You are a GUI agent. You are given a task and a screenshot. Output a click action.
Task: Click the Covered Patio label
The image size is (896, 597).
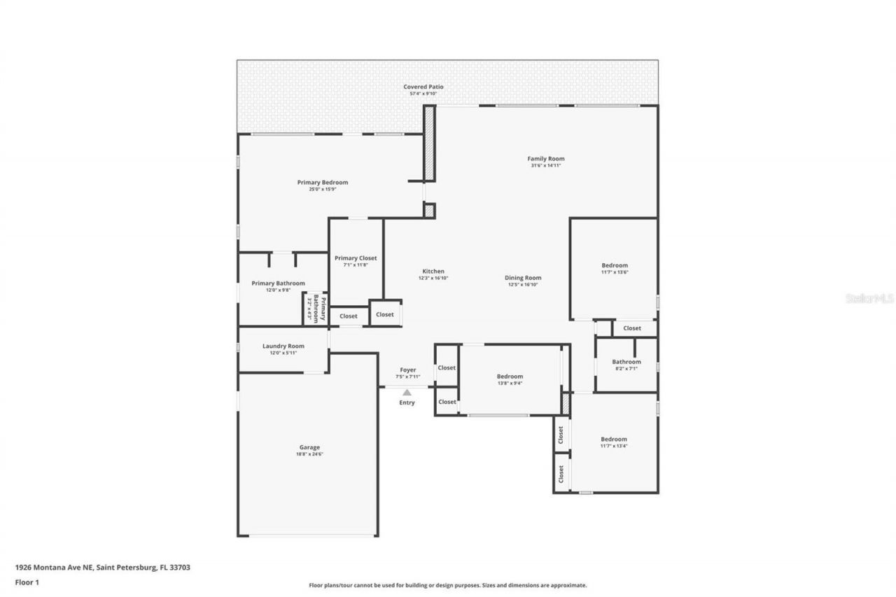click(x=423, y=87)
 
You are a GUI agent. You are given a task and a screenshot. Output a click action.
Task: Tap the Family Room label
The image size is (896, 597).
click(x=545, y=159)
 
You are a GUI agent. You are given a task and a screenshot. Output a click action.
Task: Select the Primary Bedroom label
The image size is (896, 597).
click(x=322, y=183)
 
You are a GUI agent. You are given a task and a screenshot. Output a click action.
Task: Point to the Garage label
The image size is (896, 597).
click(x=309, y=448)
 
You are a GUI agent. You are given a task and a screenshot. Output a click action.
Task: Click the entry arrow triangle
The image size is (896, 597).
click(x=407, y=393)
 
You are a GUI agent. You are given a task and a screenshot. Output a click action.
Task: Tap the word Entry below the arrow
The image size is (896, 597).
click(x=407, y=403)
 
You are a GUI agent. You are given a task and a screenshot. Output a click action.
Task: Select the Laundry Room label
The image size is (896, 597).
click(x=283, y=346)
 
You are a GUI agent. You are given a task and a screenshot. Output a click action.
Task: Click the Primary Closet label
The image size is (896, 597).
click(x=356, y=258)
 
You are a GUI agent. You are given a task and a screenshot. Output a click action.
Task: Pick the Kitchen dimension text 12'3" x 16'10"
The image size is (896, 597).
click(x=433, y=278)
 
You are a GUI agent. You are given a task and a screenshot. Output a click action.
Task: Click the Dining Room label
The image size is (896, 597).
click(x=523, y=278)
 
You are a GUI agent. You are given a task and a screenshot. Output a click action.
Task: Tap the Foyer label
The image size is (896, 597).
click(x=407, y=370)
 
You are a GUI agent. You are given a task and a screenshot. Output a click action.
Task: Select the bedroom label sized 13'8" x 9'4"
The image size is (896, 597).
click(x=510, y=377)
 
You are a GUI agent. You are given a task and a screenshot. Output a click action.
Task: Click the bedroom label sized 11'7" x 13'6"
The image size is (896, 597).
click(x=615, y=266)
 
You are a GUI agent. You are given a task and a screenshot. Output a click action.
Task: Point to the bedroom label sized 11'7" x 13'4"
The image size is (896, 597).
click(x=614, y=440)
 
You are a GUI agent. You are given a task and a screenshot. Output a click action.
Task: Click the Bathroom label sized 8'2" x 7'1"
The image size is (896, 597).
click(x=626, y=363)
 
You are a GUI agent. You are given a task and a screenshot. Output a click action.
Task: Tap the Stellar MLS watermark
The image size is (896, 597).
click(x=869, y=298)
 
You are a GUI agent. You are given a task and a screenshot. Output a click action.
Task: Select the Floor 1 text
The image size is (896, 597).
click(x=27, y=582)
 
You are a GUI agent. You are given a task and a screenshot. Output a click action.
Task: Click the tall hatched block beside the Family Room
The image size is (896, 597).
click(x=429, y=143)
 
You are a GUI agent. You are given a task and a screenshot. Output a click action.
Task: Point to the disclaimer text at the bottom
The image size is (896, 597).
click(x=448, y=585)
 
